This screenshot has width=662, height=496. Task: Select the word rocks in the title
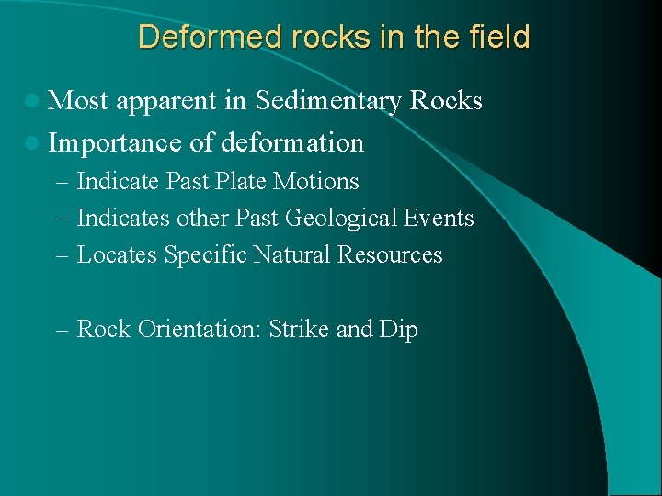coord(302,37)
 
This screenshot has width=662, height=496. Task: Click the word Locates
coord(117,255)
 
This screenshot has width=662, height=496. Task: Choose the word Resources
coord(390,255)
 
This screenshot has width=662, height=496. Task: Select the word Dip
coord(398,330)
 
